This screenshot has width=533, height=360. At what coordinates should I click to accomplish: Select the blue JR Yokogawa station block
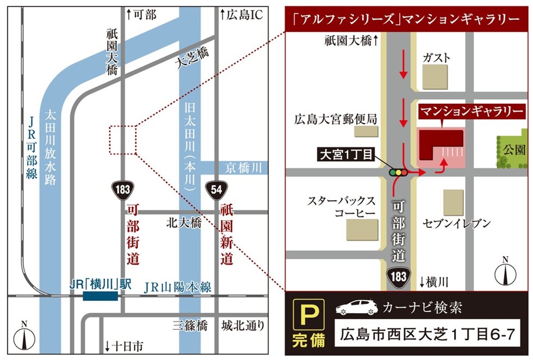[x=100, y=295]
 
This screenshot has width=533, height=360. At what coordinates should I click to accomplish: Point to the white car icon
[x=356, y=308]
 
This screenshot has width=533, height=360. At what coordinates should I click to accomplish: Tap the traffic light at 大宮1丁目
[x=398, y=172]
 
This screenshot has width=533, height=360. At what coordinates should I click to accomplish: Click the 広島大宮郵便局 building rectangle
[x=365, y=131]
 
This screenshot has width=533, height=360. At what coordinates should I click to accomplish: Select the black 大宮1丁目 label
[x=345, y=156]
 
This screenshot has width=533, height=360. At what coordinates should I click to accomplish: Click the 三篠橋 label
[x=190, y=326]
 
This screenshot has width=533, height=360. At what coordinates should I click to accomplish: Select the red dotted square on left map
[x=123, y=140]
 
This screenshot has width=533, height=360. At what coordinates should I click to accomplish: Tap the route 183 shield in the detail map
[x=399, y=276]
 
